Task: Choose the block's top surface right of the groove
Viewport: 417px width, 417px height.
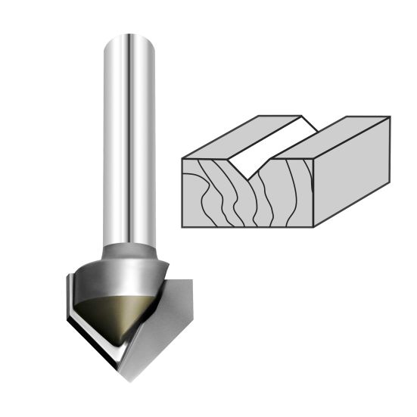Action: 333,136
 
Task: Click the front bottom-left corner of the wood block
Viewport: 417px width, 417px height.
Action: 182,226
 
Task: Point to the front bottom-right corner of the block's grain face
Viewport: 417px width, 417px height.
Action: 313,226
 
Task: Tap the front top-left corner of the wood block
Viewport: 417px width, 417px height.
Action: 182,157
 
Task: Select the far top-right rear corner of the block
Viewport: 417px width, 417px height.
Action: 390,117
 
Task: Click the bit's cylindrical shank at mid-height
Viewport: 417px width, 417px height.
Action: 130,144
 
